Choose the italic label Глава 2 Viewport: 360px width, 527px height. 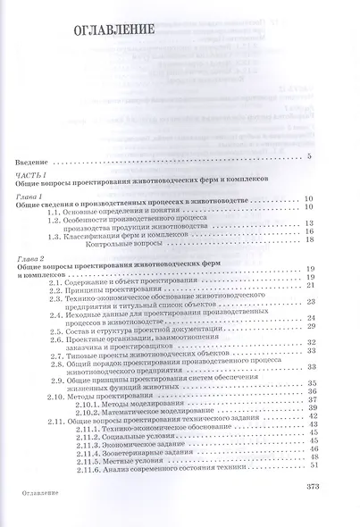[33, 260]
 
